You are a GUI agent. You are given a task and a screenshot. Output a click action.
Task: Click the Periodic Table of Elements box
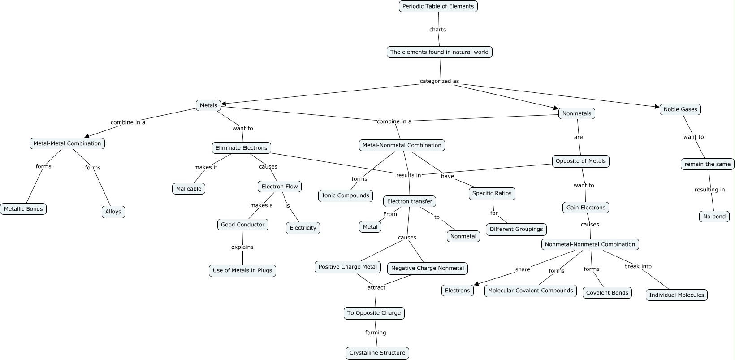coord(438,6)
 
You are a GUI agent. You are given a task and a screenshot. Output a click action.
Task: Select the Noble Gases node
coord(680,109)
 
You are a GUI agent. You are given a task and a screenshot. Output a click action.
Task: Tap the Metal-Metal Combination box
coord(67,143)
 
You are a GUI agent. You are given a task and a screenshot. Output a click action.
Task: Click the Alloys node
coord(113,212)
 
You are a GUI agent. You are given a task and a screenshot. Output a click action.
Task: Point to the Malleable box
coord(188,189)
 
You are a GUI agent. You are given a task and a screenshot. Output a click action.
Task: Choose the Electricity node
coord(303,228)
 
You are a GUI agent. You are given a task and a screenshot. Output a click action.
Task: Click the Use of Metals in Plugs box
coord(242,270)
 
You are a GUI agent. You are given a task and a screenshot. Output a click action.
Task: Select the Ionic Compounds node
coord(346,195)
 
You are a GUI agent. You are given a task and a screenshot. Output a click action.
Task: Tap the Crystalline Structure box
coord(377,353)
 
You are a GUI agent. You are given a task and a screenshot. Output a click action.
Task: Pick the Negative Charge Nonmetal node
coord(427,268)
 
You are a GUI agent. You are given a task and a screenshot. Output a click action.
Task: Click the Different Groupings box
coord(516,229)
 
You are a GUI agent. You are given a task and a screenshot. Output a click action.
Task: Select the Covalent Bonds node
coord(607,293)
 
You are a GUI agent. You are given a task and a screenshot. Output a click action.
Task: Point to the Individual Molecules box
coord(676,295)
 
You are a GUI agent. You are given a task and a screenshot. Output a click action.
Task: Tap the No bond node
coord(714,217)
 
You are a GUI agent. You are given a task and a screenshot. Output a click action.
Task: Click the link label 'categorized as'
coord(439,81)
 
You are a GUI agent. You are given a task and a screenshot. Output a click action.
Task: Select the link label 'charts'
coord(437,30)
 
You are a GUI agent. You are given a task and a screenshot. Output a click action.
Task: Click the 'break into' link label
coord(638,266)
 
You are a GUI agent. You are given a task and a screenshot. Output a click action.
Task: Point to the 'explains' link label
coord(242,247)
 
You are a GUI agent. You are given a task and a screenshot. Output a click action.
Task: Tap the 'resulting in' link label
coord(709,190)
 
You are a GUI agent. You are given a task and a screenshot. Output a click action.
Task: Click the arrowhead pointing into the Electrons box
coord(477,283)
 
